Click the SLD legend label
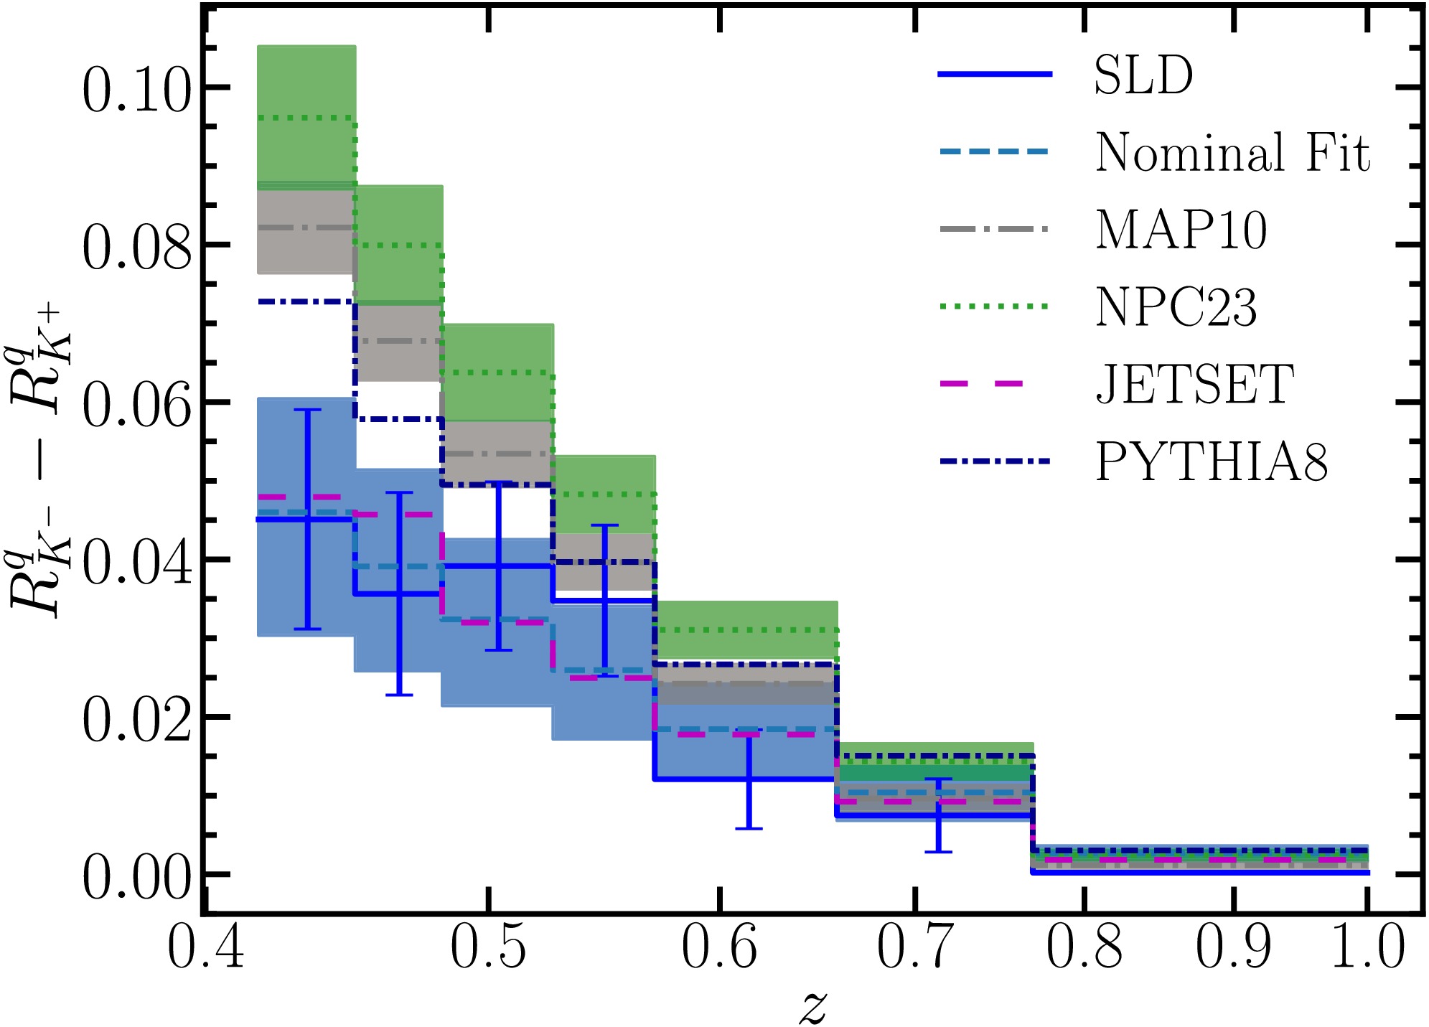pyautogui.click(x=1143, y=75)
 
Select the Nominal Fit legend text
pyautogui.click(x=1232, y=153)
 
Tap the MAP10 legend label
pyautogui.click(x=1181, y=230)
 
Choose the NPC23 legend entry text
pyautogui.click(x=1176, y=308)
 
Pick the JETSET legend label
pyautogui.click(x=1195, y=385)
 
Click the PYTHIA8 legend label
pyautogui.click(x=1212, y=462)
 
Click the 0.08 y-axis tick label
pyautogui.click(x=137, y=248)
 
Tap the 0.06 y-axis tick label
pyautogui.click(x=137, y=405)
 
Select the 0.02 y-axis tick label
pyautogui.click(x=137, y=720)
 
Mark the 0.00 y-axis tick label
pyautogui.click(x=137, y=877)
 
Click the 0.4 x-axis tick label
pyautogui.click(x=206, y=947)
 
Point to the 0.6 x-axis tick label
pyautogui.click(x=719, y=947)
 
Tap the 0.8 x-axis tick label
pyautogui.click(x=1084, y=947)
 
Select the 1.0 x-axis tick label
pyautogui.click(x=1368, y=947)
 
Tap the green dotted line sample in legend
pyautogui.click(x=995, y=306)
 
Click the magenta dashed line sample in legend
pyautogui.click(x=995, y=384)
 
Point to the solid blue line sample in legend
pyautogui.click(x=995, y=75)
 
